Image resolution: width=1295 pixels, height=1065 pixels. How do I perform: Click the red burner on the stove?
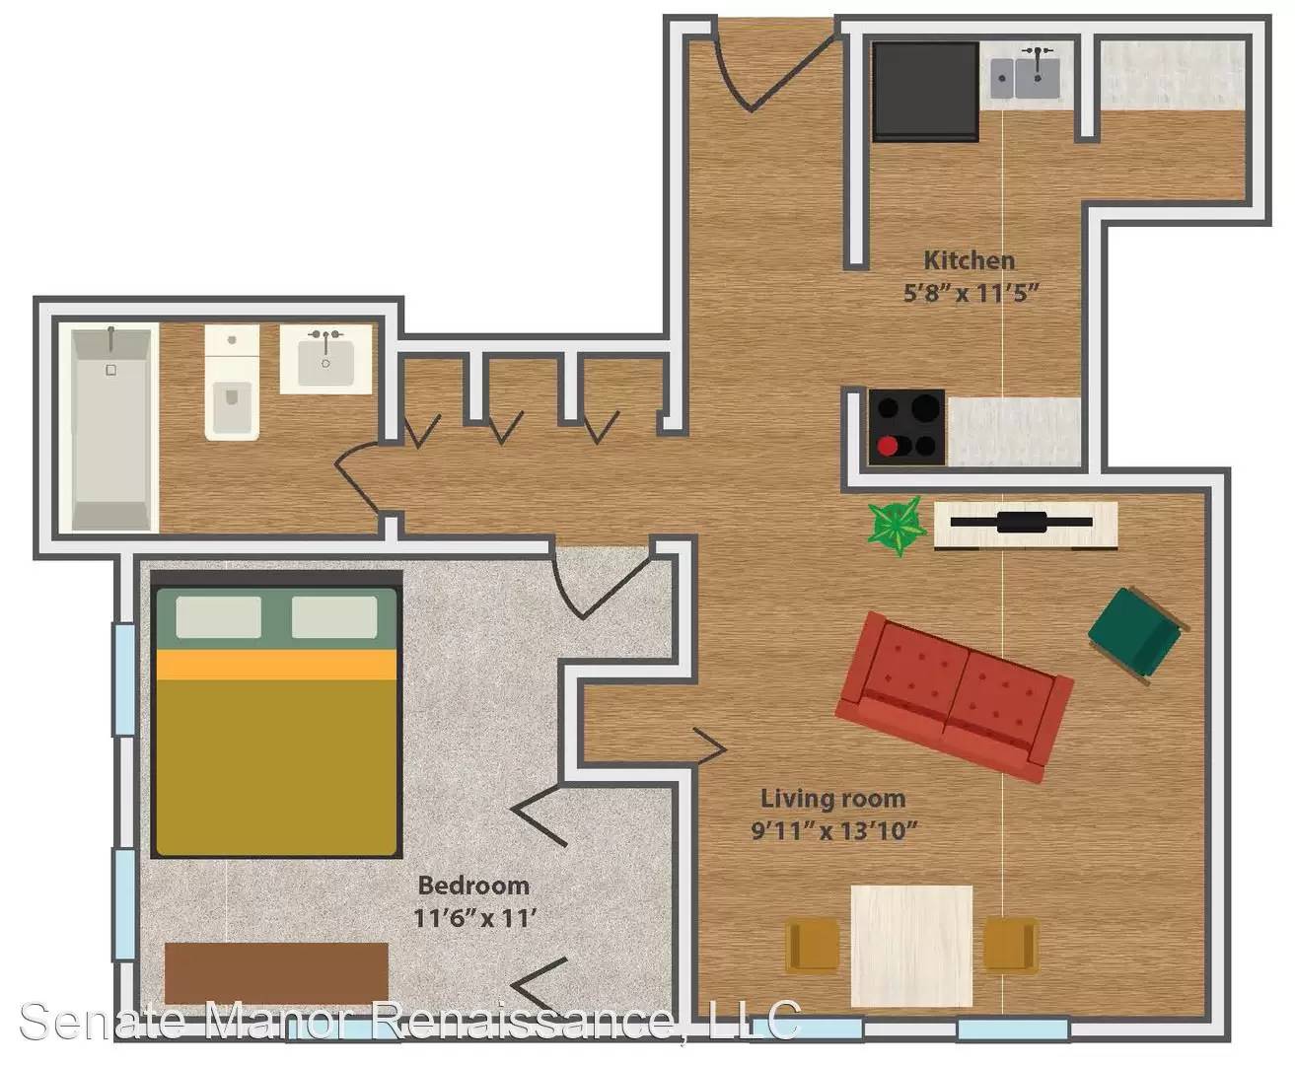887,447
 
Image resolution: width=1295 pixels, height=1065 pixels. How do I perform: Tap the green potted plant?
898,526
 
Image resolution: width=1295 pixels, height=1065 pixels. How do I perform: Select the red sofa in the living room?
954,696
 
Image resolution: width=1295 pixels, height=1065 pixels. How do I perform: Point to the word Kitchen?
969,261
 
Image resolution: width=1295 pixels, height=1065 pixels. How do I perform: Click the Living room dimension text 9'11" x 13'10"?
833,831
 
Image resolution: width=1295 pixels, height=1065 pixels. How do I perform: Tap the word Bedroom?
473,886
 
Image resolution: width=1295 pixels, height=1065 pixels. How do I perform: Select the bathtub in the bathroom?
110,429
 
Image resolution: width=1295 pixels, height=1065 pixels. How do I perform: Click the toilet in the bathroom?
232,383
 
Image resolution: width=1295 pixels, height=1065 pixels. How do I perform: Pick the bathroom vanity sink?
326,359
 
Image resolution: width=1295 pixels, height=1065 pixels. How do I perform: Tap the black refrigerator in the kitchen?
925,91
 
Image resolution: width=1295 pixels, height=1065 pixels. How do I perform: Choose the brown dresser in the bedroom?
276,973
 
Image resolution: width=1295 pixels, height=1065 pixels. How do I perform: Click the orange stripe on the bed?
276,665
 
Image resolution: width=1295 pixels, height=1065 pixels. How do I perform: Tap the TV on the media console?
1021,523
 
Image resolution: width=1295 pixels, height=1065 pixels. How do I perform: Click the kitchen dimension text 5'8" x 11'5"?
971,293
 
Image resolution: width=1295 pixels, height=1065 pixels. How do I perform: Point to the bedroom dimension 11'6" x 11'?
475,919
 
